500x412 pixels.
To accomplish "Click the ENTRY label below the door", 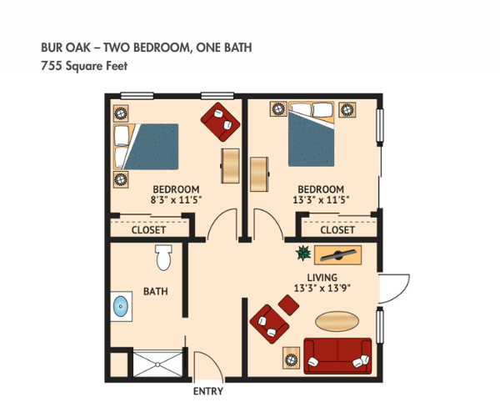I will (207, 391).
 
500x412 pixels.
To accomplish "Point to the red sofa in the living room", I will (337, 355).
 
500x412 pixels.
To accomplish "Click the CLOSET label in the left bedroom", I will (149, 229).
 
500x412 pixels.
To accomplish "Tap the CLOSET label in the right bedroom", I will (337, 229).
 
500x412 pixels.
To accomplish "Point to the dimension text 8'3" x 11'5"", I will (176, 200).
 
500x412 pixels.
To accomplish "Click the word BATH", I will (155, 292).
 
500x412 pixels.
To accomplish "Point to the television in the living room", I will (341, 254).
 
